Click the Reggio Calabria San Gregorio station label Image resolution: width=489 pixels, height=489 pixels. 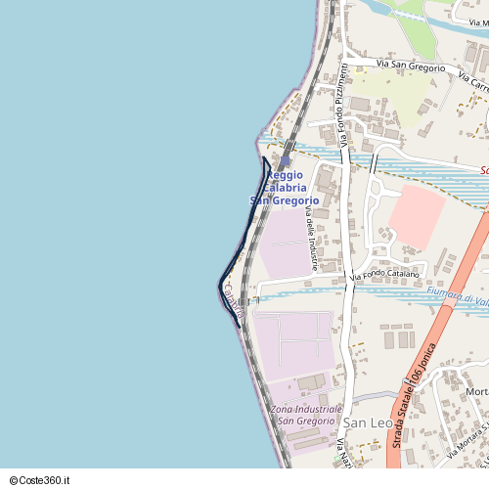click(285, 187)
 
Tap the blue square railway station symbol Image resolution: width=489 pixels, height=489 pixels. click(285, 162)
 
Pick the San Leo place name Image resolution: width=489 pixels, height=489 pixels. click(368, 422)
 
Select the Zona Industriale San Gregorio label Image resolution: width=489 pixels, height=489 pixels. click(308, 414)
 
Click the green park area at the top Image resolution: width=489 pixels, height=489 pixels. click(416, 34)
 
